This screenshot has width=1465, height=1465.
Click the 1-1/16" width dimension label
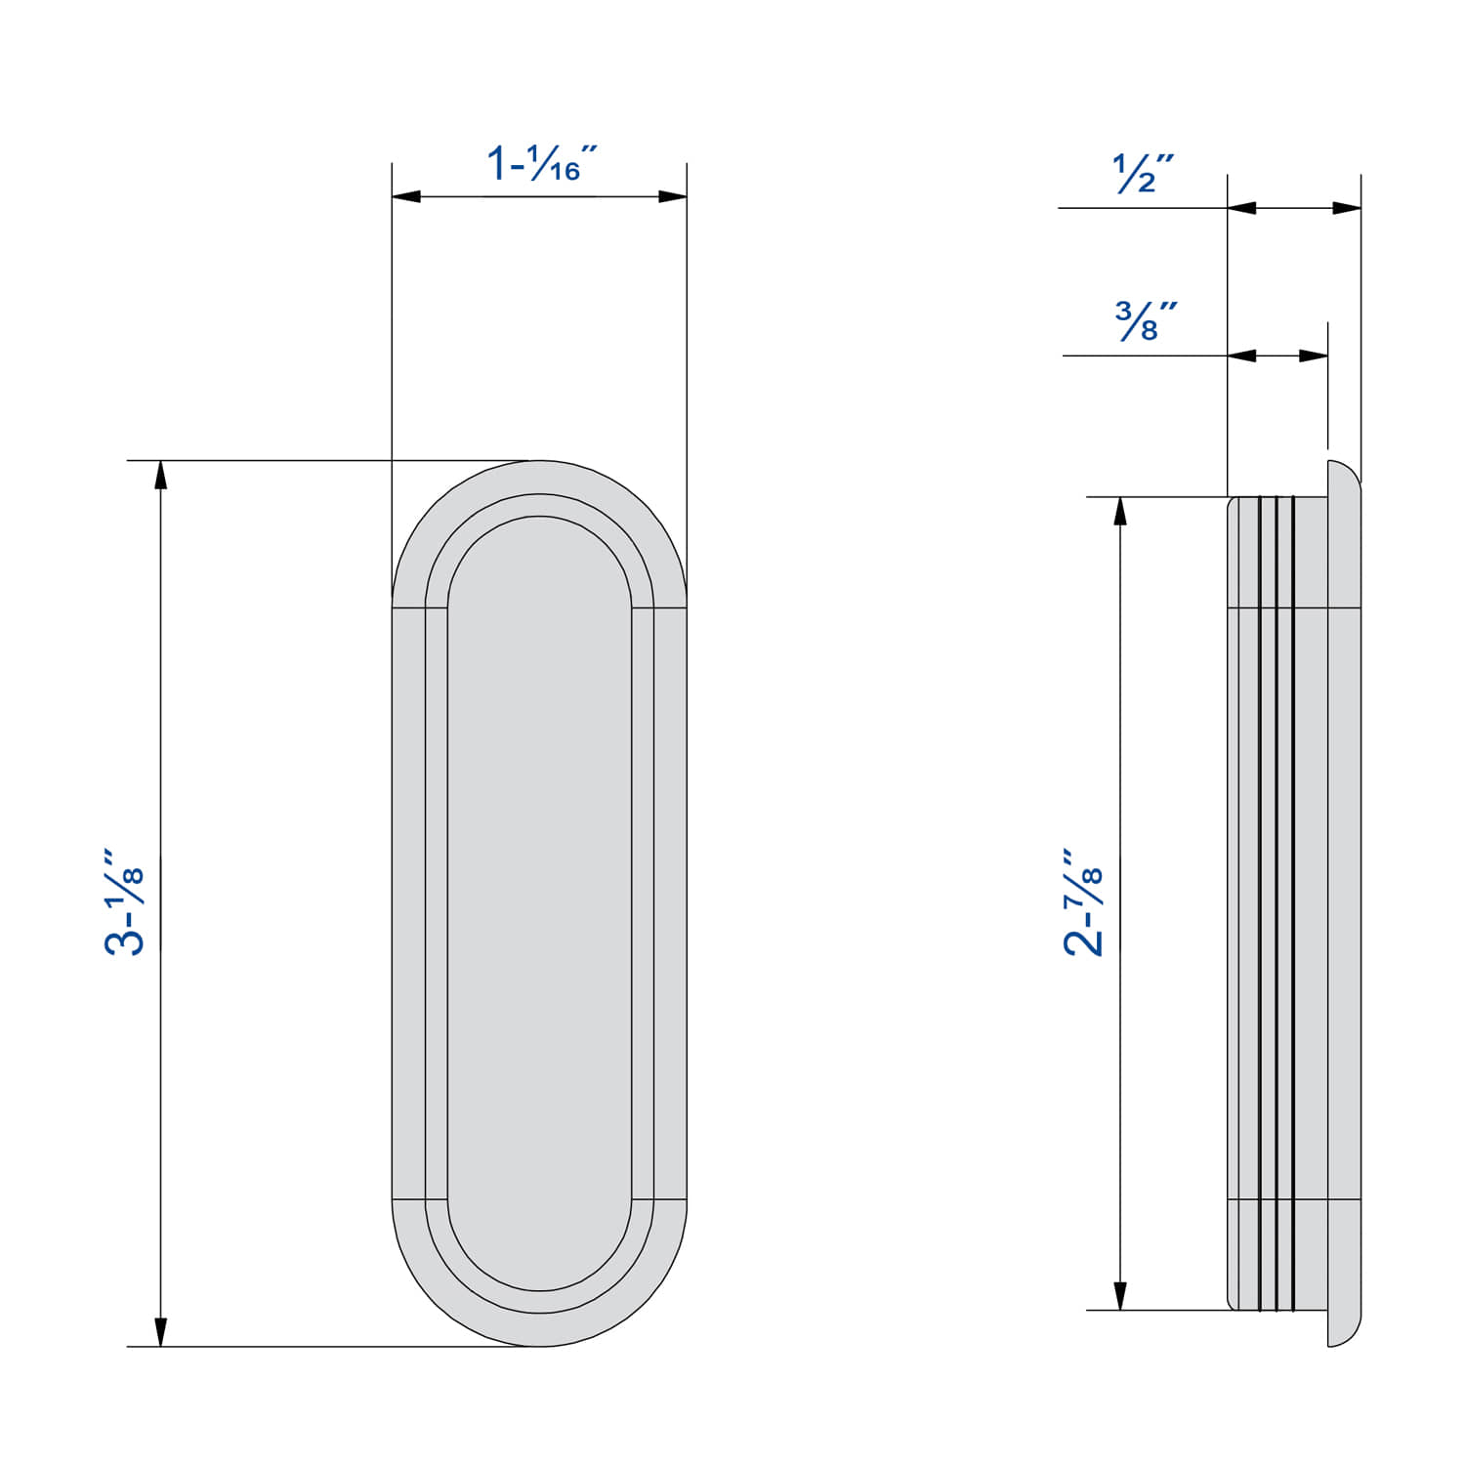pyautogui.click(x=540, y=163)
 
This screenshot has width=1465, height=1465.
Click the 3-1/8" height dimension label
pyautogui.click(x=125, y=900)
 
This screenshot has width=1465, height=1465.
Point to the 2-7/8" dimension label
pyautogui.click(x=1084, y=900)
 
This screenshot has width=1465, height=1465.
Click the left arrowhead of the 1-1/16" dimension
pyautogui.click(x=406, y=196)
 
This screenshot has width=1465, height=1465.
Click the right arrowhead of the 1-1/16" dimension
pyautogui.click(x=672, y=196)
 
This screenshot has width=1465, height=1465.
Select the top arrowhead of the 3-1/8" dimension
pyautogui.click(x=161, y=475)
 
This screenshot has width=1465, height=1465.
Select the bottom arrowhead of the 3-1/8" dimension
pyautogui.click(x=161, y=1332)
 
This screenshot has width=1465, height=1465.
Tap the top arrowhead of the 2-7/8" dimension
pyautogui.click(x=1120, y=512)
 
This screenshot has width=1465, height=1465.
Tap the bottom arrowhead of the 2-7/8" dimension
pyautogui.click(x=1120, y=1295)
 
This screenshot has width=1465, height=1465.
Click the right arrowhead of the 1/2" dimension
pyautogui.click(x=1347, y=207)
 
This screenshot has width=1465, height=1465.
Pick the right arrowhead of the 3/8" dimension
pyautogui.click(x=1314, y=356)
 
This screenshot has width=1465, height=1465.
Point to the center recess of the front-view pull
pyautogui.click(x=539, y=903)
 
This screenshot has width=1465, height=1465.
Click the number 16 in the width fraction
pyautogui.click(x=564, y=172)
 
